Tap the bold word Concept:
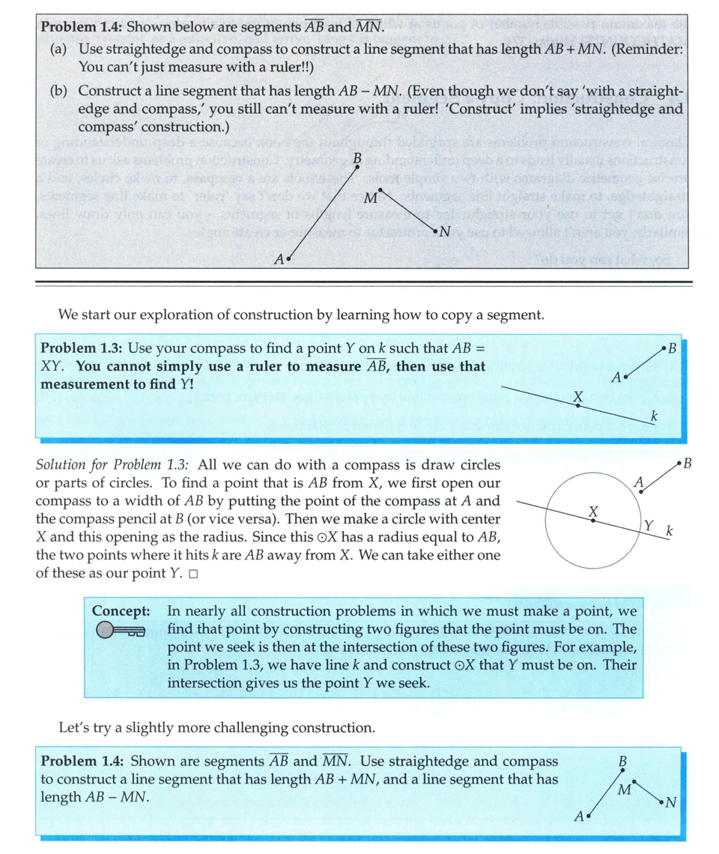coord(121,611)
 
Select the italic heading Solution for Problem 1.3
coord(110,465)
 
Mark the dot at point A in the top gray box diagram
coord(288,258)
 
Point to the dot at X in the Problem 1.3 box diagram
coord(578,405)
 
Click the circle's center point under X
coord(592,521)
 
